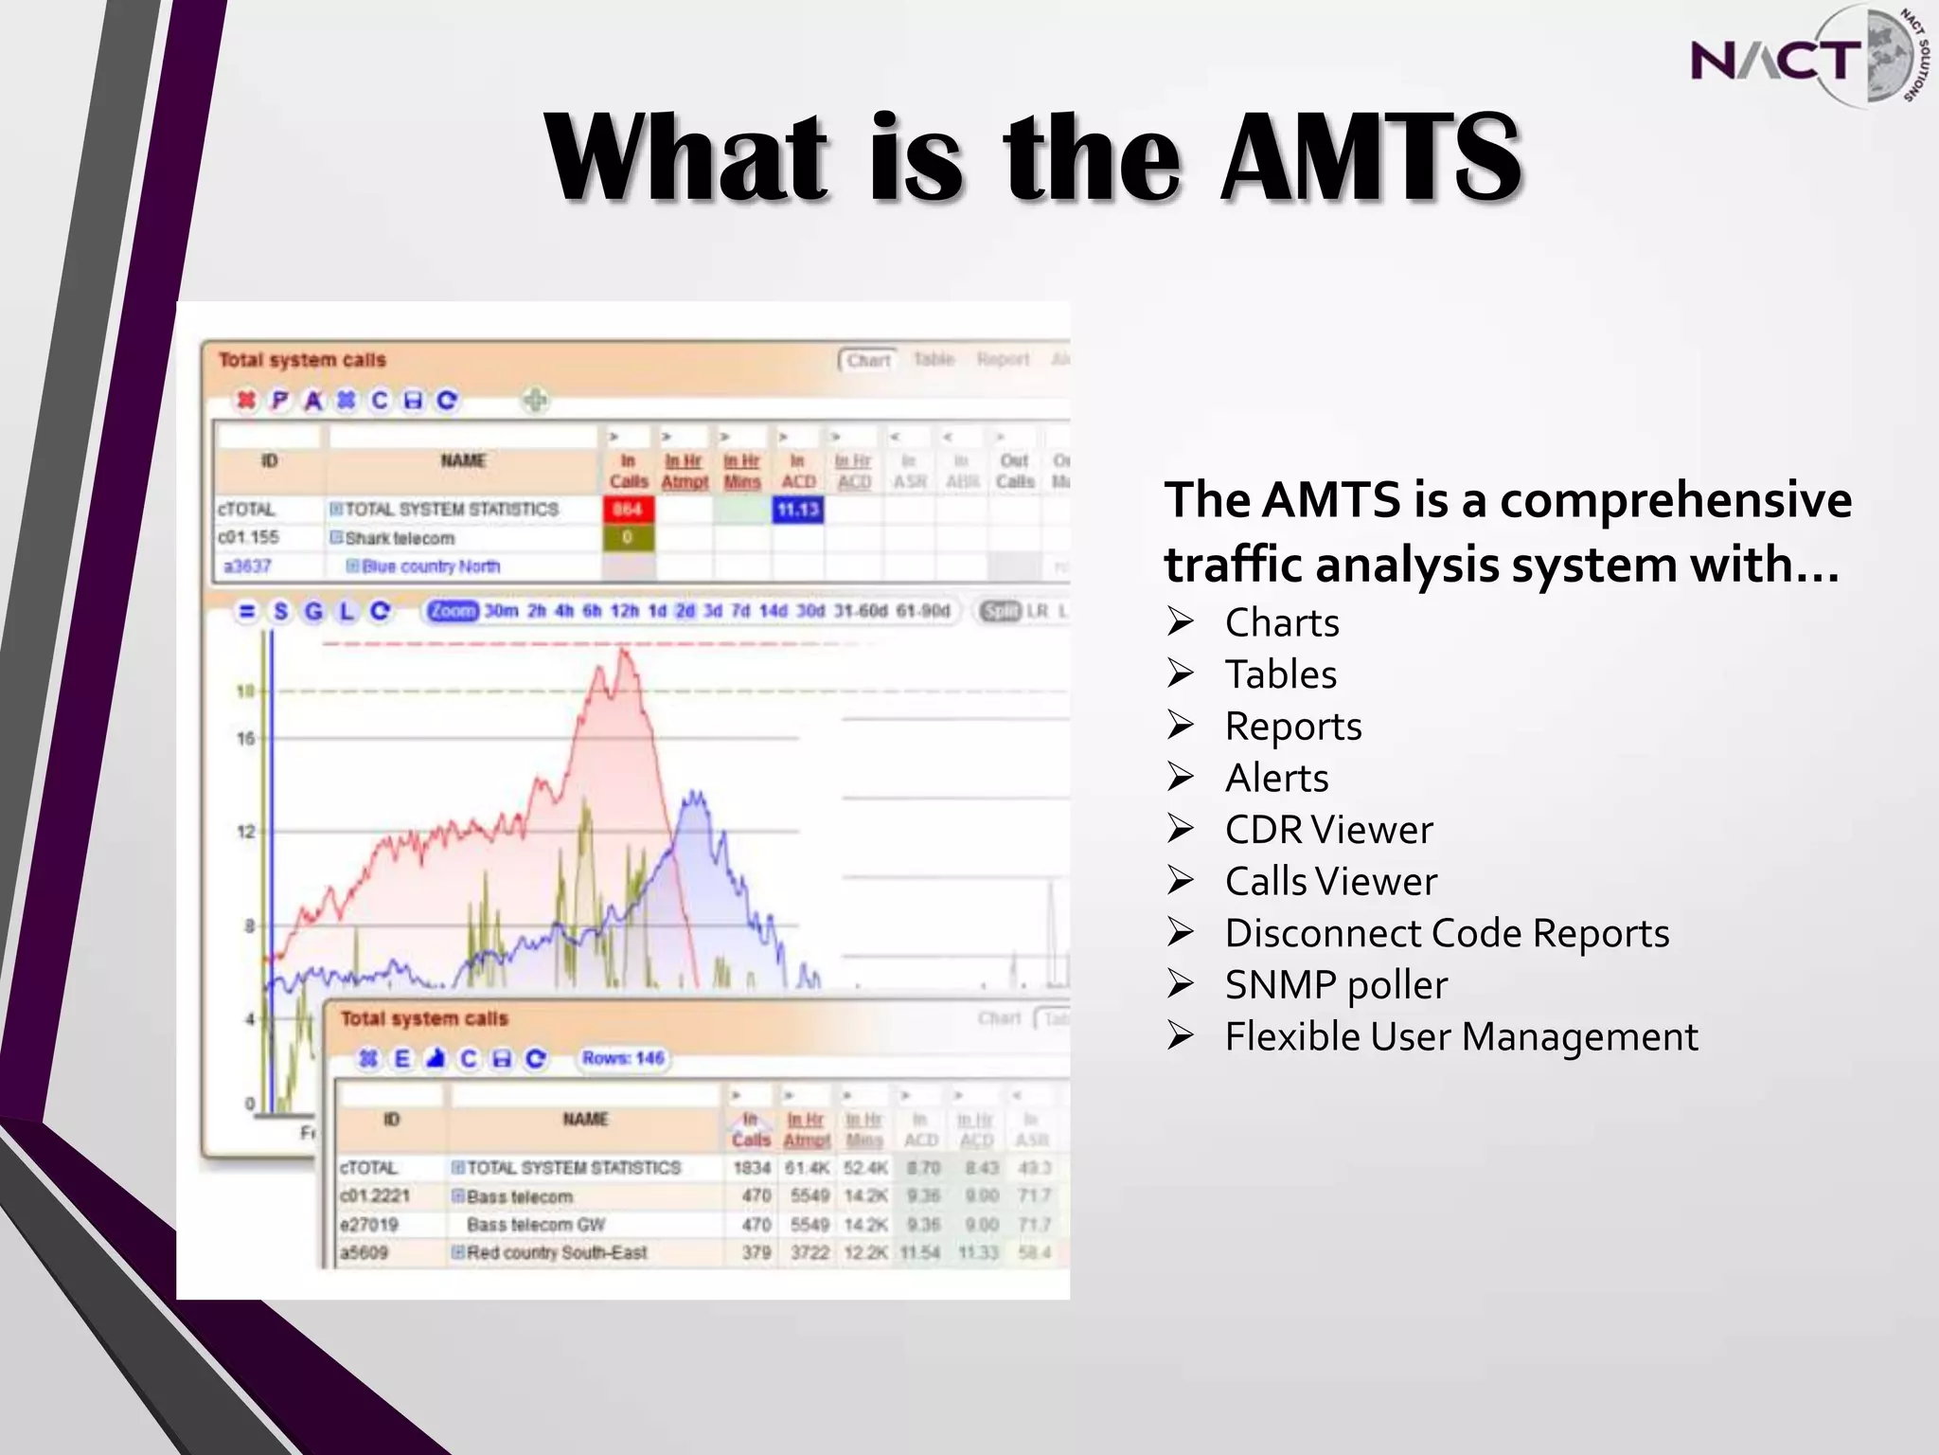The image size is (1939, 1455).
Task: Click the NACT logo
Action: [x=1804, y=57]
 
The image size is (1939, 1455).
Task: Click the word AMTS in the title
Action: [x=1371, y=158]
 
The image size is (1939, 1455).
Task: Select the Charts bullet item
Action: [x=1282, y=623]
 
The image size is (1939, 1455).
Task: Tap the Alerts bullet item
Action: [x=1276, y=779]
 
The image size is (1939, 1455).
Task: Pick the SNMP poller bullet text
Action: [x=1336, y=985]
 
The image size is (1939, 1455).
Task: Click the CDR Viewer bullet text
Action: [x=1328, y=830]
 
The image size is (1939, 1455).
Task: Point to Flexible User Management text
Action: [x=1461, y=1037]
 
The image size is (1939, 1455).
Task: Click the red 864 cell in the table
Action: [x=628, y=510]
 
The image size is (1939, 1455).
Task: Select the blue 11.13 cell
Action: [x=798, y=510]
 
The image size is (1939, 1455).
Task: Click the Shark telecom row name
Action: [x=400, y=538]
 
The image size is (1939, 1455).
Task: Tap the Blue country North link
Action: [x=431, y=566]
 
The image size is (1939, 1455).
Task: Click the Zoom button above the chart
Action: [x=453, y=611]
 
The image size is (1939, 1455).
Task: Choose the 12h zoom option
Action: [x=625, y=611]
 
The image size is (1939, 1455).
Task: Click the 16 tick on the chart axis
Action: [x=246, y=738]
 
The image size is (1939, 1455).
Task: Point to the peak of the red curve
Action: [x=623, y=650]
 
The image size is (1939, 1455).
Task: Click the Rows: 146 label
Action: [x=623, y=1058]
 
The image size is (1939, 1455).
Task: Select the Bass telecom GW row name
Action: [x=535, y=1225]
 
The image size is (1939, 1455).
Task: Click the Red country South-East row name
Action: [x=557, y=1253]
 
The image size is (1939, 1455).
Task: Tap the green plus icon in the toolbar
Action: [x=535, y=401]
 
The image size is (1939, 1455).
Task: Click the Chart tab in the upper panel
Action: [x=868, y=360]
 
